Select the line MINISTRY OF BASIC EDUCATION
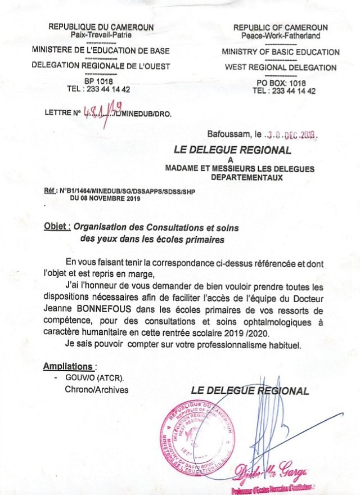pyautogui.click(x=281, y=52)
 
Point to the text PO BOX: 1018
pyautogui.click(x=281, y=83)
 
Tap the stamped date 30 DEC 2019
pyautogui.click(x=291, y=136)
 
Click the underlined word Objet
pyautogui.click(x=57, y=227)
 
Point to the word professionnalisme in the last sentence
pyautogui.click(x=223, y=344)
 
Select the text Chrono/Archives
pyautogui.click(x=97, y=390)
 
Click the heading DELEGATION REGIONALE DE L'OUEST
pyautogui.click(x=101, y=66)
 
